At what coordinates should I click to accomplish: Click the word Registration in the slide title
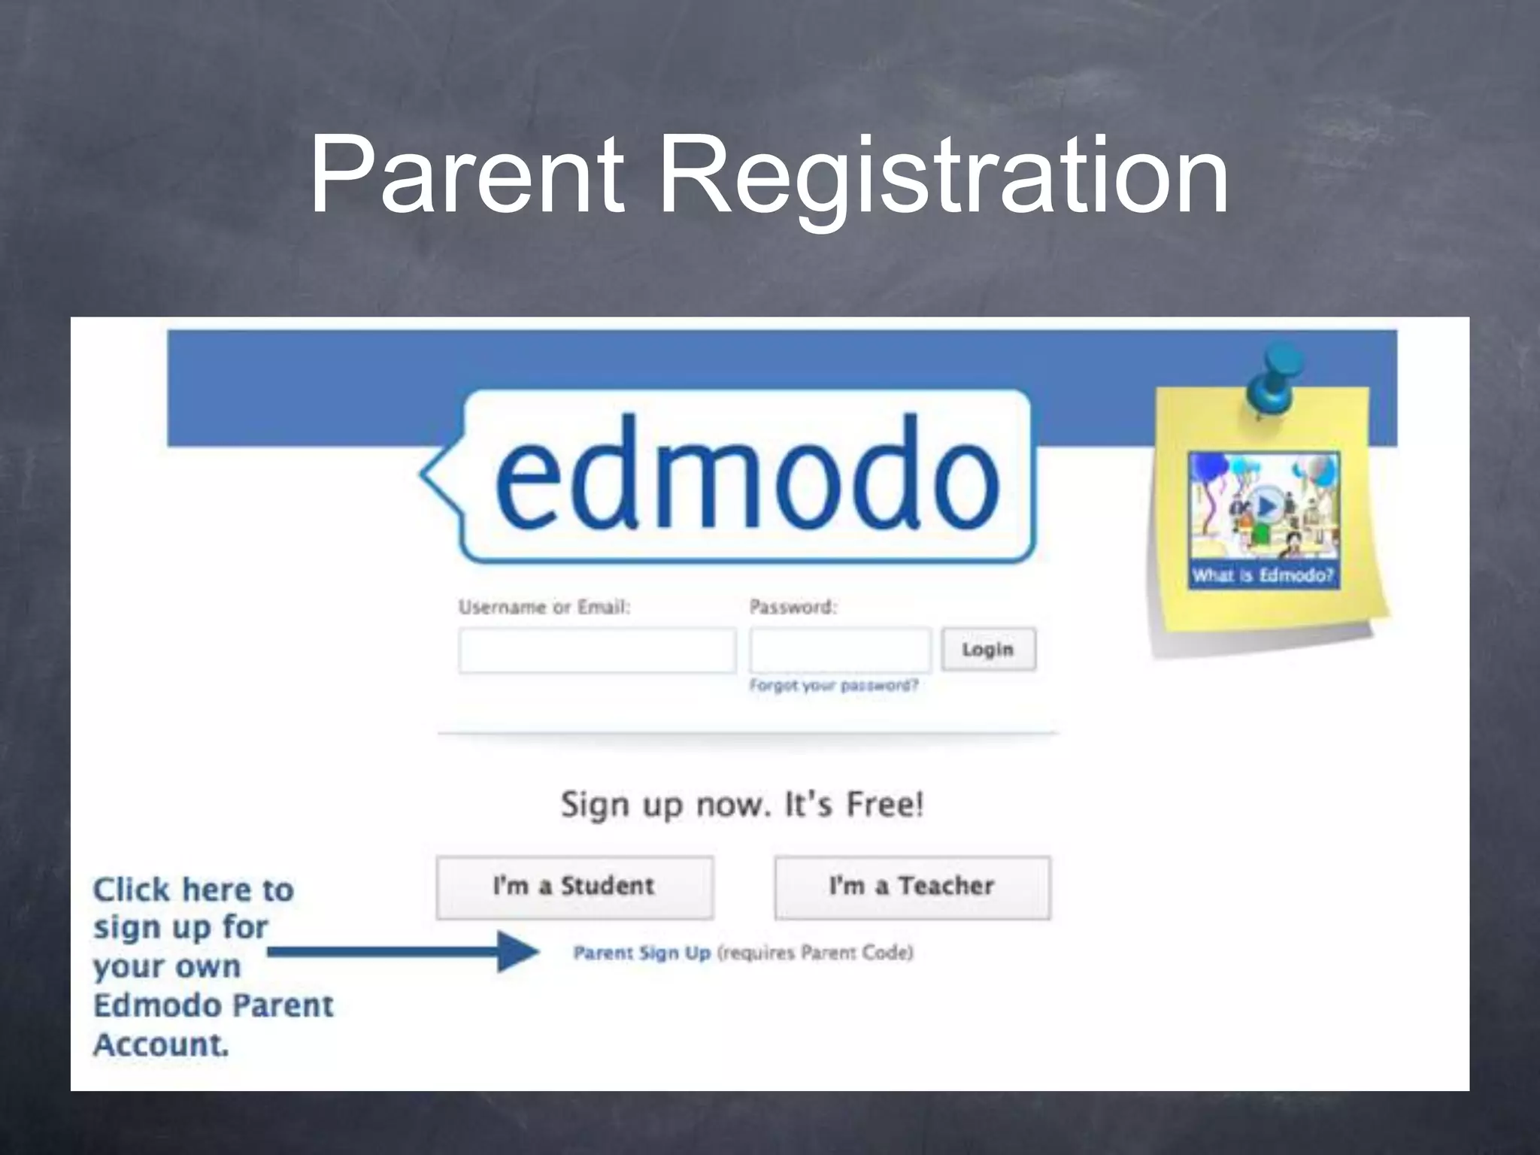[943, 177]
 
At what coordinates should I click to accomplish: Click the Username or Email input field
[597, 650]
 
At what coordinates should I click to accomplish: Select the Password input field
[840, 650]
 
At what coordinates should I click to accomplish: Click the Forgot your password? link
[834, 686]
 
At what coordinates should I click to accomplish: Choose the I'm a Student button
[574, 887]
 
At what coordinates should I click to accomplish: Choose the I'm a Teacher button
[912, 887]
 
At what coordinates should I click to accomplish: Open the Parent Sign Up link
[641, 953]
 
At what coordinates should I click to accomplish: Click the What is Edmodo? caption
[1263, 576]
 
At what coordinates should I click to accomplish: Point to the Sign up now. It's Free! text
[742, 805]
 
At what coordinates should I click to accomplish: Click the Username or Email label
[544, 608]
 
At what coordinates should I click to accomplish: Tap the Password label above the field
[793, 607]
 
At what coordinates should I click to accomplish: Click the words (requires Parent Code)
[815, 953]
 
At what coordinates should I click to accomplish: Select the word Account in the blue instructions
[160, 1044]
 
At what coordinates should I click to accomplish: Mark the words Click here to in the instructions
[193, 890]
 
